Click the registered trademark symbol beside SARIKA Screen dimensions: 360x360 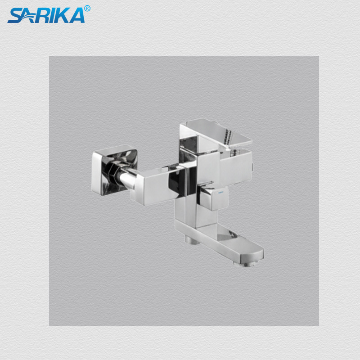87,8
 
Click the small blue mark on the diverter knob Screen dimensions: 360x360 221,191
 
